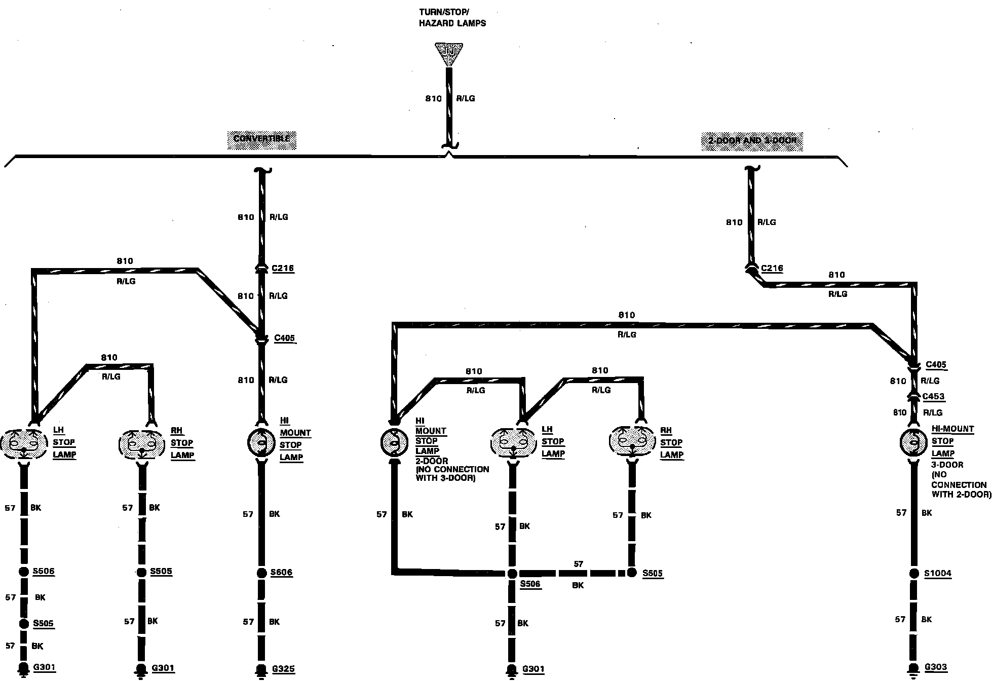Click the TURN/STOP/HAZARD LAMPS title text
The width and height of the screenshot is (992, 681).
[452, 18]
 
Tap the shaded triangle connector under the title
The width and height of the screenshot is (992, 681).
[449, 54]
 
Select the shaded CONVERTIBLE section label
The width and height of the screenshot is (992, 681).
[261, 139]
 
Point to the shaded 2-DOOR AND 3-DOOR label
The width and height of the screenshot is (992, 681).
[752, 141]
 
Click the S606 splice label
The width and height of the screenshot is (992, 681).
[282, 573]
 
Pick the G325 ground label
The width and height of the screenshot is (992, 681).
[283, 669]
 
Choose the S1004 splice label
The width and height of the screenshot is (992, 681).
[938, 574]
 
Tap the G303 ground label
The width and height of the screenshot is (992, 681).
[936, 667]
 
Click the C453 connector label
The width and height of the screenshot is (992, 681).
[934, 397]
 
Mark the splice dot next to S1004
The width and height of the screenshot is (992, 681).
[914, 574]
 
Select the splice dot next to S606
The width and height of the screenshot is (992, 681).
[261, 573]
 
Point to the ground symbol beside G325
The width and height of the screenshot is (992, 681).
[261, 670]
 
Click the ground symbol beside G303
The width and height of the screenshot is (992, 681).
[914, 668]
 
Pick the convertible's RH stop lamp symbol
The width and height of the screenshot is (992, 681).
[142, 444]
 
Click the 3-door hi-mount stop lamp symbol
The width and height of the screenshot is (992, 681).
[914, 442]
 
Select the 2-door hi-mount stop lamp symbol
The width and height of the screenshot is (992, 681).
[394, 442]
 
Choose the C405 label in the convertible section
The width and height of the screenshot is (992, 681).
[284, 338]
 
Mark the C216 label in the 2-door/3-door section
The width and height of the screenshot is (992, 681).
[772, 268]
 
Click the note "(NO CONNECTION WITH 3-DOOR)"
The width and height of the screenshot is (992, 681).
[452, 473]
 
